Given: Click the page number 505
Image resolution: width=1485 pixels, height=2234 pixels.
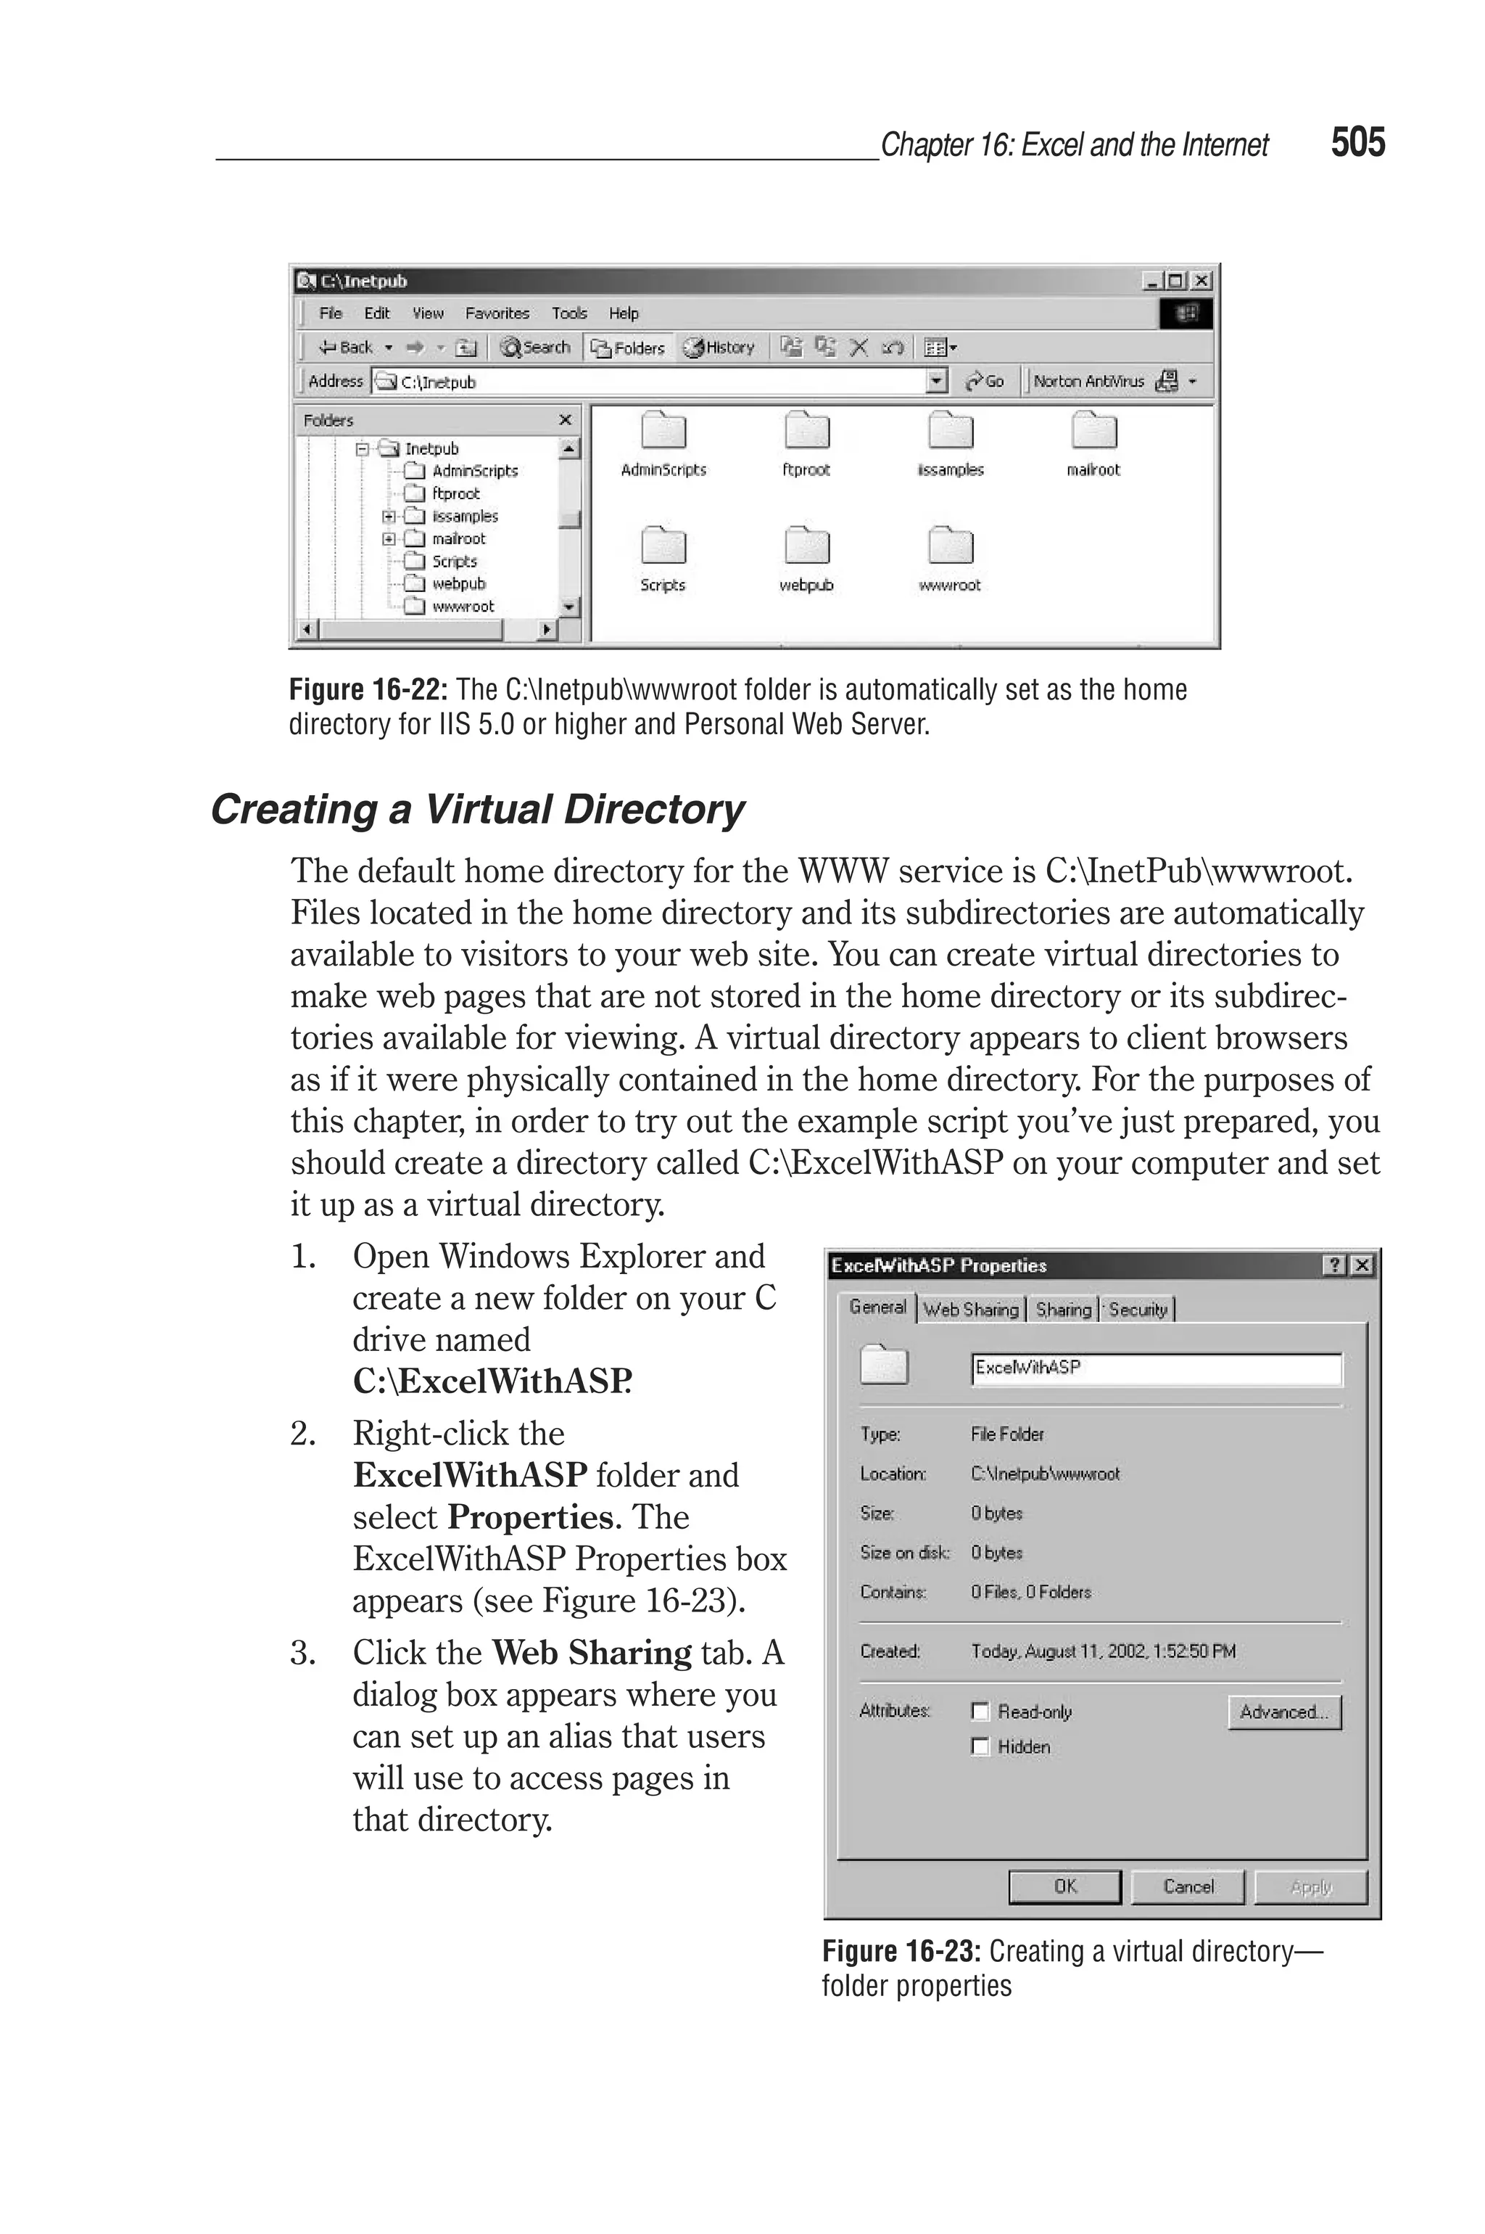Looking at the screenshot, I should tap(1357, 142).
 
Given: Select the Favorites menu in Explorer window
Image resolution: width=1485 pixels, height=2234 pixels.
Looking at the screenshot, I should tap(496, 313).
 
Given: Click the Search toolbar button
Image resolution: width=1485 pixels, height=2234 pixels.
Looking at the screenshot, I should tap(536, 348).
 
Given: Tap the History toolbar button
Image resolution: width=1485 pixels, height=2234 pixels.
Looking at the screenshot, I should tap(720, 348).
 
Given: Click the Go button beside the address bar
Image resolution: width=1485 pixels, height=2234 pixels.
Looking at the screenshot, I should tap(985, 381).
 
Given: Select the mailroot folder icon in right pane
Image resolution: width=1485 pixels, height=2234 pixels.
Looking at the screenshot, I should tap(1094, 432).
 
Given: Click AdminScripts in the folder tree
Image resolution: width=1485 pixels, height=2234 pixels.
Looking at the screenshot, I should tap(474, 471).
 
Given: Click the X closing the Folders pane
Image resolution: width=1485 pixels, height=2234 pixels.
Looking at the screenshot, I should tap(566, 419).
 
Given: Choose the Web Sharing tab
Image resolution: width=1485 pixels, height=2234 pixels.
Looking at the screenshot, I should tap(971, 1310).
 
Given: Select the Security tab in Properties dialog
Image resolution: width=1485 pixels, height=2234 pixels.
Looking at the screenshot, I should tap(1138, 1310).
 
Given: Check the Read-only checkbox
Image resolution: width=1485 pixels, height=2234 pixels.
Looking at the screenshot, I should tap(980, 1711).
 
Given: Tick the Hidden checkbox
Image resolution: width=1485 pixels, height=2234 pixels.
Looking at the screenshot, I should tap(980, 1746).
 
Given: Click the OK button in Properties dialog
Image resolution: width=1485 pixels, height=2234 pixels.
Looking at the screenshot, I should tap(1064, 1886).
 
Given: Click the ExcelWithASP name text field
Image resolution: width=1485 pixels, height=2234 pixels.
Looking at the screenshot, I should tap(1155, 1368).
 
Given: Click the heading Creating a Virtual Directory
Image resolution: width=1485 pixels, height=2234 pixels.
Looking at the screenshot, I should tap(477, 809).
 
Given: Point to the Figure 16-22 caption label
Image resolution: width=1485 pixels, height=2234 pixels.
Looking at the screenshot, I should tap(368, 690).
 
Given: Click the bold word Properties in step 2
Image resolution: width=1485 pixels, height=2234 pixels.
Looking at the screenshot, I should tap(530, 1517).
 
